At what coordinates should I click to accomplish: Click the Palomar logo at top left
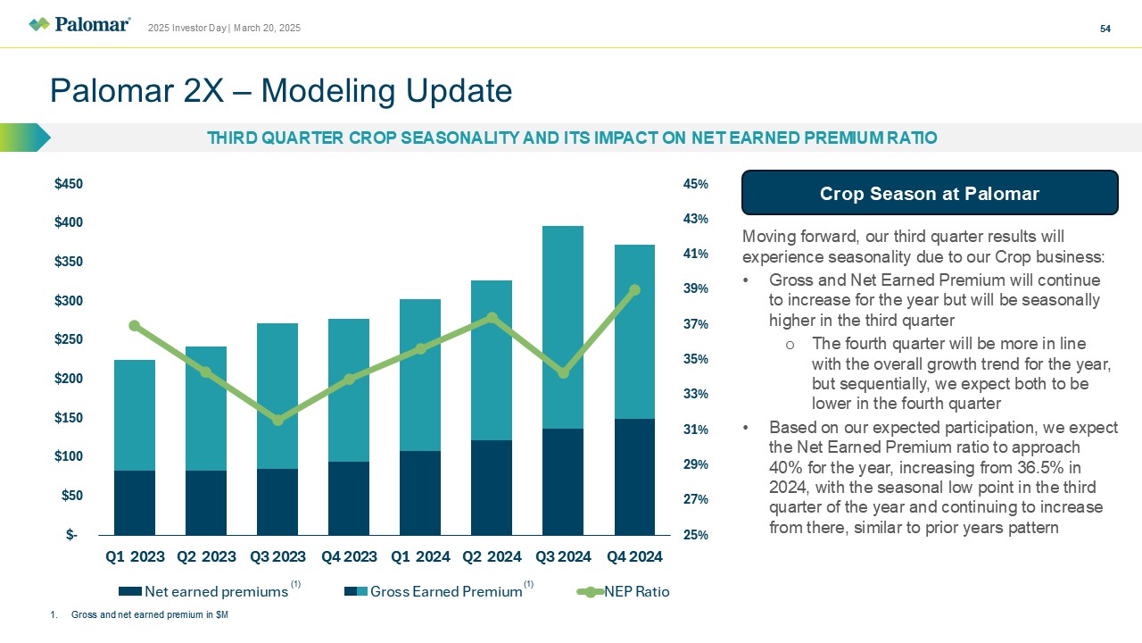point(79,24)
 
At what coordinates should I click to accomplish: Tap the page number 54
point(1105,29)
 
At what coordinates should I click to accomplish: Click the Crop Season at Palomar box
point(930,193)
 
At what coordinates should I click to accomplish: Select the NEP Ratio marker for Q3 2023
point(277,420)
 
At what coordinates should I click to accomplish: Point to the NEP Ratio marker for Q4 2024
point(634,290)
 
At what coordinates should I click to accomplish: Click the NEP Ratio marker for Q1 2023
point(135,326)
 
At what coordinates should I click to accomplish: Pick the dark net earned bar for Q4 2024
point(634,477)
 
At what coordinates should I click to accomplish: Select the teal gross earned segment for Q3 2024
point(563,327)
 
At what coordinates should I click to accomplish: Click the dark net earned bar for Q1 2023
point(135,503)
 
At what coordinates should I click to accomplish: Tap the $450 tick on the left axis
point(69,184)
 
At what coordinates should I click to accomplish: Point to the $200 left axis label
point(69,379)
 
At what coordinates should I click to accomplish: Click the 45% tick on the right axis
point(695,184)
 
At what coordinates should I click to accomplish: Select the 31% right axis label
point(695,430)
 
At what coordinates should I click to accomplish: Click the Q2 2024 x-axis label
point(492,557)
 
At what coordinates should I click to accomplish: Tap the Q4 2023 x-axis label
point(349,557)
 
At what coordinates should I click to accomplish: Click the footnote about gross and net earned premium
point(147,615)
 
